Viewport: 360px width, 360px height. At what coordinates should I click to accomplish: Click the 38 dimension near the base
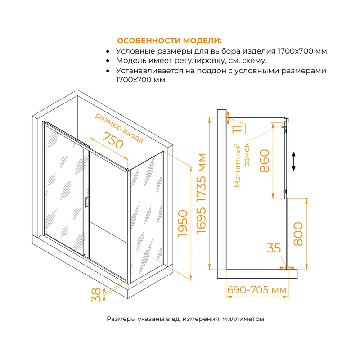point(96,295)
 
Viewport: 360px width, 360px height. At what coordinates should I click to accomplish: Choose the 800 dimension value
point(297,233)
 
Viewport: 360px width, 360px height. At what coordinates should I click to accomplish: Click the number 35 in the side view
point(274,248)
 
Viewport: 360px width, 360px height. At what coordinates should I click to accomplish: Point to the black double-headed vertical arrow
point(294,161)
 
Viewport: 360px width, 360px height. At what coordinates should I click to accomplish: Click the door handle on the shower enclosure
point(85,202)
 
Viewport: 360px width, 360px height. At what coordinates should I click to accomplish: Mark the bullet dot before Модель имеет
point(108,61)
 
